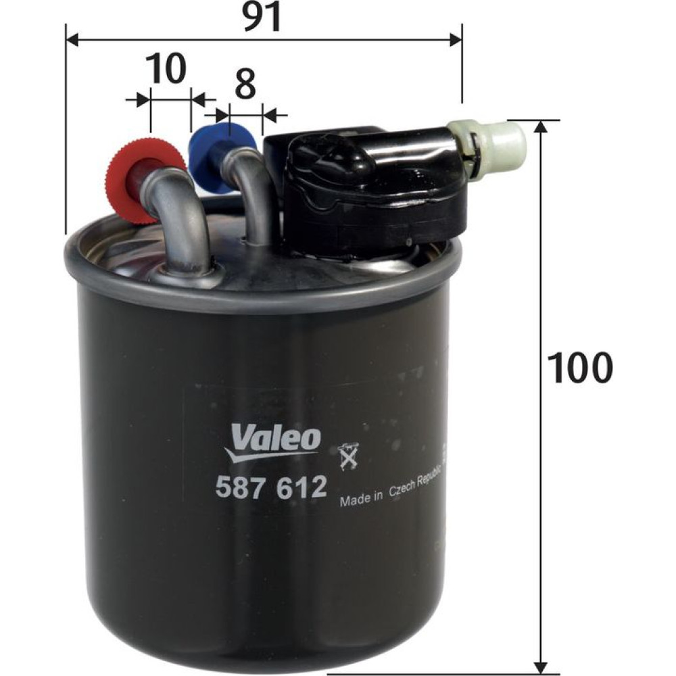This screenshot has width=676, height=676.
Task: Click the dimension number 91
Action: (x=262, y=18)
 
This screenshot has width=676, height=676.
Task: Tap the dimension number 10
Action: (x=166, y=70)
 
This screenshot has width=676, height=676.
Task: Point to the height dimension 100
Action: (x=579, y=368)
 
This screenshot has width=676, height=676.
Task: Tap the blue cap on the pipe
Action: (x=222, y=158)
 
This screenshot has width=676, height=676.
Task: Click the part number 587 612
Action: (x=270, y=487)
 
